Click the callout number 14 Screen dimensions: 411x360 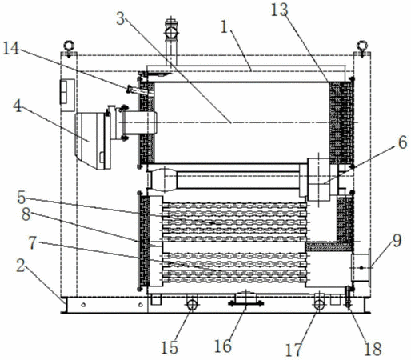click(x=11, y=49)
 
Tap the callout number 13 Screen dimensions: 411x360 click(x=280, y=10)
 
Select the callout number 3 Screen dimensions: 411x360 click(x=121, y=19)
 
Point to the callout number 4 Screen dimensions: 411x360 click(x=18, y=106)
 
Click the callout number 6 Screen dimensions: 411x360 click(x=403, y=142)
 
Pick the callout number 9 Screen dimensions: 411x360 click(x=397, y=241)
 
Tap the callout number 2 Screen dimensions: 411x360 click(x=21, y=266)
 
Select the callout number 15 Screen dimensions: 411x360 click(x=170, y=347)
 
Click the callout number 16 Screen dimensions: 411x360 click(x=223, y=346)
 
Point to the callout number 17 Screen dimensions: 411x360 click(x=293, y=350)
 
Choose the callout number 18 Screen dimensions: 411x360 click(x=373, y=349)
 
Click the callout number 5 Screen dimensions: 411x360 click(x=21, y=198)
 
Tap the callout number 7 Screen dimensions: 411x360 click(x=33, y=243)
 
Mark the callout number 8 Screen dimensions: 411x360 click(x=26, y=214)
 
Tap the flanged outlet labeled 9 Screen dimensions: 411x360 click(x=361, y=267)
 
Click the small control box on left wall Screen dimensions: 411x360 click(x=66, y=95)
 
